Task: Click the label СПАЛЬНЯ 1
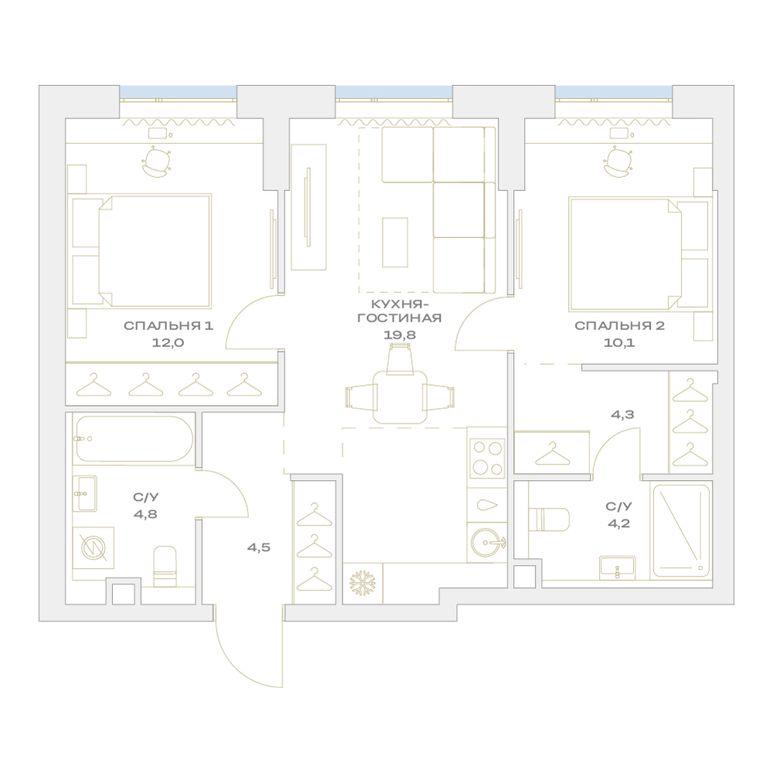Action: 168,326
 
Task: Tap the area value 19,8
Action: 400,335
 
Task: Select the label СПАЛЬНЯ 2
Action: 619,326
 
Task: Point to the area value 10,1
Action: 619,342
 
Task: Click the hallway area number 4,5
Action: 259,547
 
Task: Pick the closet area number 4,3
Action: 622,414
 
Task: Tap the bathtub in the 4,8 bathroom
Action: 133,439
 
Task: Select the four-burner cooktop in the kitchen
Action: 486,458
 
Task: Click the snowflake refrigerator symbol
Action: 363,583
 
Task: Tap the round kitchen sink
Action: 486,543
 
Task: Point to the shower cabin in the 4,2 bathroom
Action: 681,531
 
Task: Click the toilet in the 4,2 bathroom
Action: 549,519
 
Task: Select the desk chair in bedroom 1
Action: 157,162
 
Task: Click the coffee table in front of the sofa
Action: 395,243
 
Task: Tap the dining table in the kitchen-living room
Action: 400,397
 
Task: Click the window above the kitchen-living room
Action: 394,92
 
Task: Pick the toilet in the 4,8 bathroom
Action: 165,566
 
